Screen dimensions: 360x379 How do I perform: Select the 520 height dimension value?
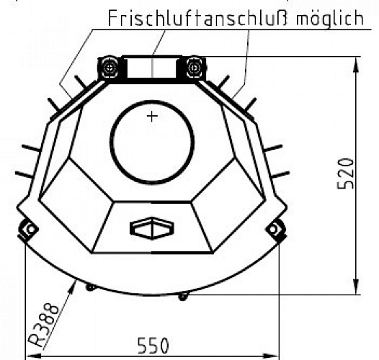346,174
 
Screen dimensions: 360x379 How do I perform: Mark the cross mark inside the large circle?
151,116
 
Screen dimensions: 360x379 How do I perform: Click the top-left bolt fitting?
110,68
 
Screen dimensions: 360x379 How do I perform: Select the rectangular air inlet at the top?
151,68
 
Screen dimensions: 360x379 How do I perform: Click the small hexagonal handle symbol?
151,228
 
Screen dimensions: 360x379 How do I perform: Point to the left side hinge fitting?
29,230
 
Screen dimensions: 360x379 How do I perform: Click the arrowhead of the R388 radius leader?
75,285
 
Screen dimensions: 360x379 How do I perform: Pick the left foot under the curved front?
90,287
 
